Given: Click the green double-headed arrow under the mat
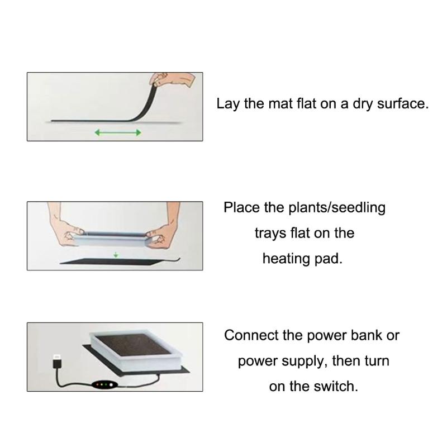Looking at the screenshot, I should pyautogui.click(x=118, y=132).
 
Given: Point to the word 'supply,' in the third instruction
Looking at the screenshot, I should pyautogui.click(x=299, y=361).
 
